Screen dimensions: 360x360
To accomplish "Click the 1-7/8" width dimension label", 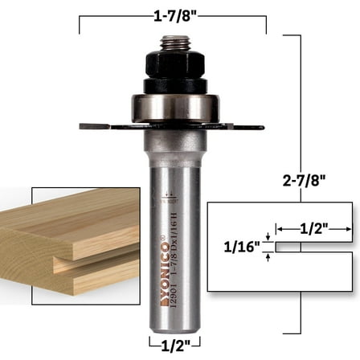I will click(x=172, y=14).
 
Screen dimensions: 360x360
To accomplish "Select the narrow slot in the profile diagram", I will click(x=313, y=248).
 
